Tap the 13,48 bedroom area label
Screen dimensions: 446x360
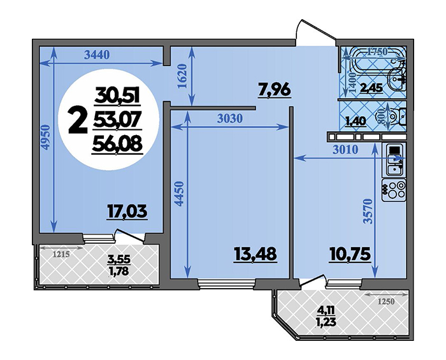click(255, 254)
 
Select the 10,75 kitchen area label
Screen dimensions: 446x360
click(350, 254)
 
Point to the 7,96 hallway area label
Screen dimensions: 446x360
click(274, 89)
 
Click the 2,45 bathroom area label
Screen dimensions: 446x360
click(371, 88)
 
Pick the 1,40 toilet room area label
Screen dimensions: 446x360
click(356, 122)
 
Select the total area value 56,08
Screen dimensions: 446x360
click(117, 146)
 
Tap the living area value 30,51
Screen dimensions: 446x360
click(117, 96)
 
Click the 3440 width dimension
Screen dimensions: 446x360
click(97, 55)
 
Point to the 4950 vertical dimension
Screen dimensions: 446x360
click(46, 138)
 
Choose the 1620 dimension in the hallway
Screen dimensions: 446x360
click(182, 76)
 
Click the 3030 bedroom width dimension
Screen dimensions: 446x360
click(230, 119)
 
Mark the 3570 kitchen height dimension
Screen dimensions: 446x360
click(368, 212)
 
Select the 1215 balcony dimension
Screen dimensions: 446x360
click(61, 254)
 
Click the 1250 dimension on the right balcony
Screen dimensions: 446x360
click(386, 301)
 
